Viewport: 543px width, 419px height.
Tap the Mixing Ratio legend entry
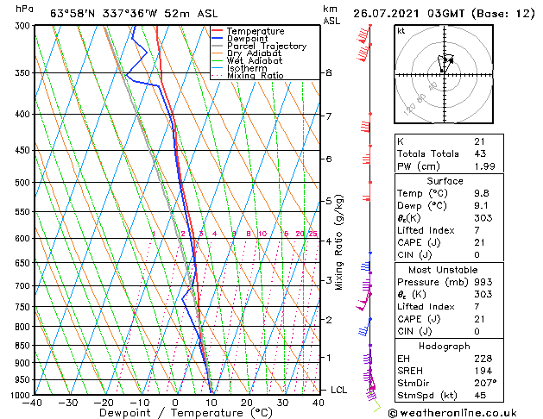[256, 76]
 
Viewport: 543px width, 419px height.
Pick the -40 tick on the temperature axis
[34, 402]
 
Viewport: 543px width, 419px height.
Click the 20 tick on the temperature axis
[247, 402]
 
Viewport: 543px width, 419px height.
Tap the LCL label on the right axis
[339, 390]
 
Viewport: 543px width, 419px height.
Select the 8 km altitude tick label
[329, 73]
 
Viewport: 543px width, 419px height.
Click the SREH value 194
[481, 368]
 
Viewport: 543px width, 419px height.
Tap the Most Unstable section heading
[466, 269]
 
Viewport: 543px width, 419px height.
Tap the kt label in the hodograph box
[401, 30]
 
